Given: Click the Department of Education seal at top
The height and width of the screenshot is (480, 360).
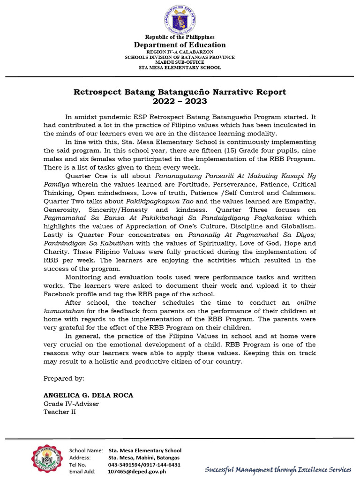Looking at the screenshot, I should pos(180,18).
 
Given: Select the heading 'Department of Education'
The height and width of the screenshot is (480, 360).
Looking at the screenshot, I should pos(180,45).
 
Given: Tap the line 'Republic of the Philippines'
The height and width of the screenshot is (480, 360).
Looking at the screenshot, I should pos(180,37).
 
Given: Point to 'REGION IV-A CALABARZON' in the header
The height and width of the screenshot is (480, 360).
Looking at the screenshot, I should pos(180,52).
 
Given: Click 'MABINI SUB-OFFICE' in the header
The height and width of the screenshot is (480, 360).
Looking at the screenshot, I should pos(180,62).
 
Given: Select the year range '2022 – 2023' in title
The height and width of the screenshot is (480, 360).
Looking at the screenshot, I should pos(180,101).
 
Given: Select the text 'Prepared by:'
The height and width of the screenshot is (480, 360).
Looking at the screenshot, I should pos(64,378).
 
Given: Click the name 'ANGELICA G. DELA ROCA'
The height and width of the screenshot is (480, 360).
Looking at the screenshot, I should pos(88,395).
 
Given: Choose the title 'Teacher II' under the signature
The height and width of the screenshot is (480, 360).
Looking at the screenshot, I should pos(60,412).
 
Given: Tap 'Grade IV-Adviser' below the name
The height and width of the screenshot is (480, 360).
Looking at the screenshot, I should pos(71,404).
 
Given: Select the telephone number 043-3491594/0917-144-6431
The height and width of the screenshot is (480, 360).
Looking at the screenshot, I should pos(144,465).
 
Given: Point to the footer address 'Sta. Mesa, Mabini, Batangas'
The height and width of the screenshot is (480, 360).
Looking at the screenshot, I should pos(143,457).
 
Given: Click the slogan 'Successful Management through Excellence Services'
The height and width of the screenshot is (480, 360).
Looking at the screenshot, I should pos(278,469).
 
